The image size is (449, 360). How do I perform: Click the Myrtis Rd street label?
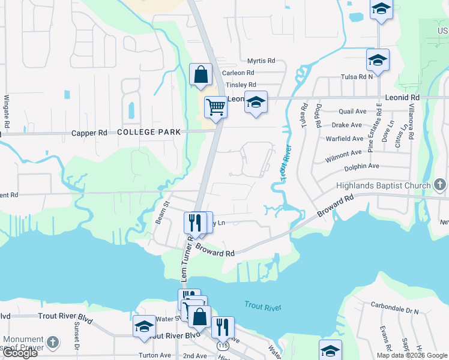[x=261, y=61]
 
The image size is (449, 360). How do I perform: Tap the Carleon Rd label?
[x=238, y=73]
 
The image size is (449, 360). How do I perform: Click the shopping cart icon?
[x=215, y=107]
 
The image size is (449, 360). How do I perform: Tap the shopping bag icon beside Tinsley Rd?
[x=201, y=75]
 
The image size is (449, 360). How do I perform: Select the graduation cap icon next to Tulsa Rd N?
[x=378, y=61]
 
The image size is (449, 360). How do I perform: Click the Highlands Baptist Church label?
[x=384, y=185]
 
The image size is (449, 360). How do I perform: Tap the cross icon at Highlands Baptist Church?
[x=440, y=185]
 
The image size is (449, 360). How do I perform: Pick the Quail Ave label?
[x=352, y=111]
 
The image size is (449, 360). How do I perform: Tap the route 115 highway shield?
[x=223, y=346]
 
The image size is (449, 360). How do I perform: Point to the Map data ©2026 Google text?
[x=412, y=355]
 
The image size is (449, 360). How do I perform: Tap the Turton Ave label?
[x=154, y=355]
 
